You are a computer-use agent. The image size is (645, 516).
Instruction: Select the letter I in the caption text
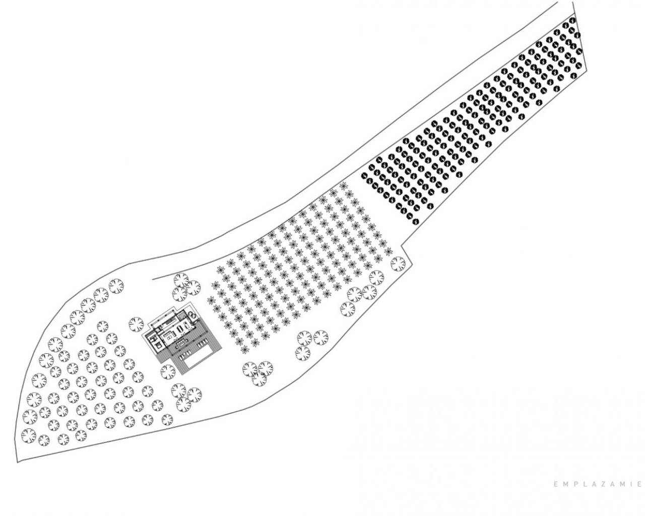631,484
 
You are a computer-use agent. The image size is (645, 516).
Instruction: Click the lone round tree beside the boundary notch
397,263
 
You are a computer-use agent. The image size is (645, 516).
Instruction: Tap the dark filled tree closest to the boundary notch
414,220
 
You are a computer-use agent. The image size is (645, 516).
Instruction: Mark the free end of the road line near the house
153,278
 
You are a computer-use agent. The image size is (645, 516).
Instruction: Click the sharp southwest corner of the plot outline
18,462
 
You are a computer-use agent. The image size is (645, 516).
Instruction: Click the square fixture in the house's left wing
158,345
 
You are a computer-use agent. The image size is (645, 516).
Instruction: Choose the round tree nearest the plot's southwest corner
29,434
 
